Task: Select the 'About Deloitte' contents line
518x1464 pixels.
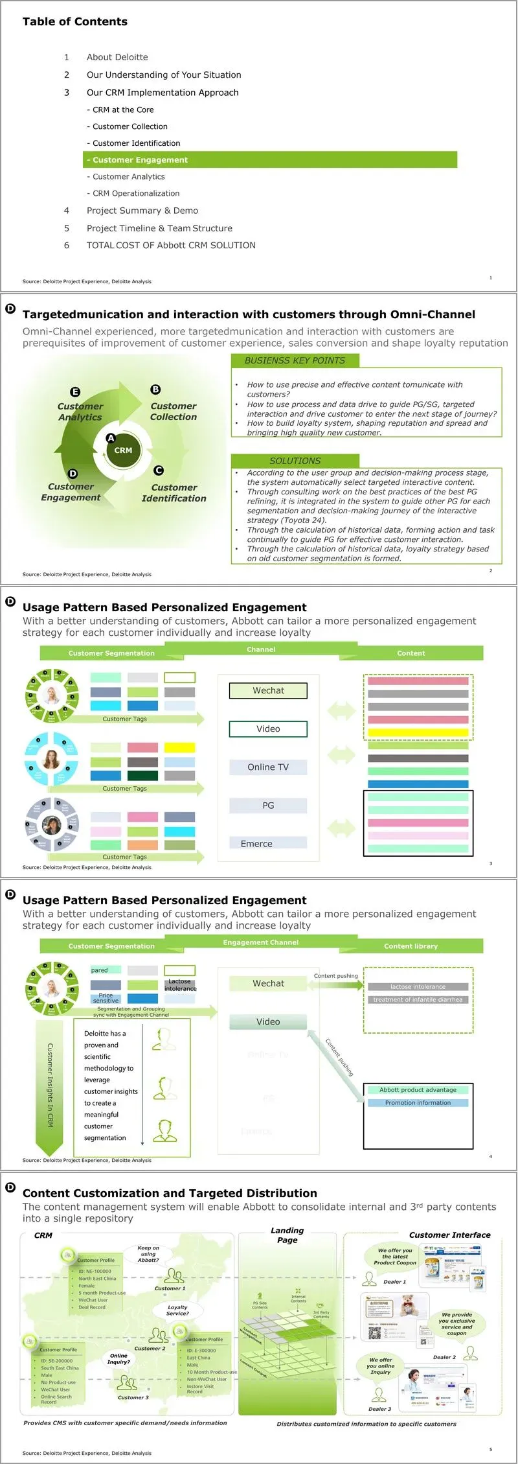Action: point(117,57)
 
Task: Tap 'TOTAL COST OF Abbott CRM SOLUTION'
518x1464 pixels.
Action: point(171,246)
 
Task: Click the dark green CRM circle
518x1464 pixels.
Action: point(123,450)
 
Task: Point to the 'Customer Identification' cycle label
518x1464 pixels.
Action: point(174,493)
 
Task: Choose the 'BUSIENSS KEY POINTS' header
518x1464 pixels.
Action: point(295,361)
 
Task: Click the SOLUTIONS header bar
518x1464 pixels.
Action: point(295,461)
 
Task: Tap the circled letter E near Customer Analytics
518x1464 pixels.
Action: point(75,391)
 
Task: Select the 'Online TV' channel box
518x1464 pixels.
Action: point(268,767)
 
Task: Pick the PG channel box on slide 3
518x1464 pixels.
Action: point(268,806)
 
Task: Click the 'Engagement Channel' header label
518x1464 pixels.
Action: point(261,942)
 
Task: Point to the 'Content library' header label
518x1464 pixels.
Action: point(411,946)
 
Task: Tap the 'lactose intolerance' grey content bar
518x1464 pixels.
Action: point(418,987)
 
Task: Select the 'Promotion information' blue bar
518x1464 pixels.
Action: point(418,1103)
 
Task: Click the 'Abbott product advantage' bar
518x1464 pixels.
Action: point(418,1090)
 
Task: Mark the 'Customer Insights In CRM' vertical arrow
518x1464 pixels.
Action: point(50,1085)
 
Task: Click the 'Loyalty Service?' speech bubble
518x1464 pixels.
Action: point(177,1310)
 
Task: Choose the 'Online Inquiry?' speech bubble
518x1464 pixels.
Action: point(118,1358)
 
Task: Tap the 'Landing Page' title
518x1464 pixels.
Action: point(287,1235)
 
